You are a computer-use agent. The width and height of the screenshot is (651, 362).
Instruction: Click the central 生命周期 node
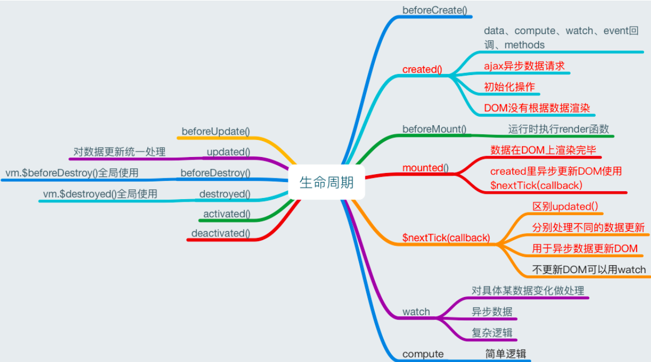[326, 183]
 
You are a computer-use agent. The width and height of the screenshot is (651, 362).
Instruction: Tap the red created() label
[422, 69]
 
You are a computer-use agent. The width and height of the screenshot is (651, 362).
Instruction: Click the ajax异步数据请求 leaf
[524, 66]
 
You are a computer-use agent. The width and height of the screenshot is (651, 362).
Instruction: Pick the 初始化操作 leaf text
[509, 87]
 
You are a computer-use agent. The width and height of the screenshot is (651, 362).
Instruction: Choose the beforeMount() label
[434, 129]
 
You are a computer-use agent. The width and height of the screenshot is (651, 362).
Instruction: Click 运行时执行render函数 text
[558, 129]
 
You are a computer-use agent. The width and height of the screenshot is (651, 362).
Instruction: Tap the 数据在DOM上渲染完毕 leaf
[543, 150]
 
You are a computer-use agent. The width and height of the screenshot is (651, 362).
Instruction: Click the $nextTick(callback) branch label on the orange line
[446, 237]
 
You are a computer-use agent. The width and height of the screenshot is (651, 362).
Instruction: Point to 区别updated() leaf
[565, 206]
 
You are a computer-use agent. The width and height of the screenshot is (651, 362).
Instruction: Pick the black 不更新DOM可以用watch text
[589, 269]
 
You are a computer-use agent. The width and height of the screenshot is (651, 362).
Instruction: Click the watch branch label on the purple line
[416, 311]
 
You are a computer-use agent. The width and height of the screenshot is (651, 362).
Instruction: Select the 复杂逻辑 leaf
[492, 333]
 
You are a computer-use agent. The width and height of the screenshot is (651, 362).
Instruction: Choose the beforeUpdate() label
[215, 131]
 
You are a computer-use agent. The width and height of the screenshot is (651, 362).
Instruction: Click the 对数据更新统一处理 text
[119, 152]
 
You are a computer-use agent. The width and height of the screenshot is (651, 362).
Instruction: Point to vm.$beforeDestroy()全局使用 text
[72, 172]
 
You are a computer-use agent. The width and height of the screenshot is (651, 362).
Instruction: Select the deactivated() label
[220, 233]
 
